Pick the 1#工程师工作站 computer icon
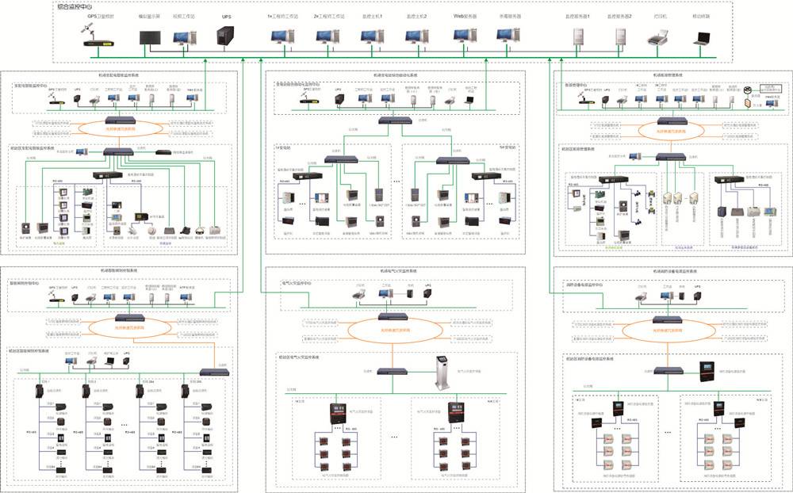282,36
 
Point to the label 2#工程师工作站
327,16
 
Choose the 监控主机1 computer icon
371,36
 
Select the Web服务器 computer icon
464,36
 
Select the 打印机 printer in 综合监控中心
658,36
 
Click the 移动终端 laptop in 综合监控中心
702,36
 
